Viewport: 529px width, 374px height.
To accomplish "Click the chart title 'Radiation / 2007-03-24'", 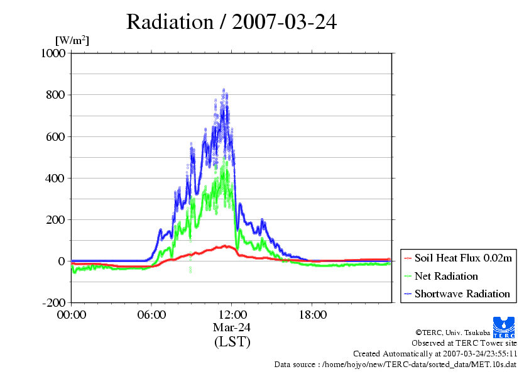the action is point(231,22).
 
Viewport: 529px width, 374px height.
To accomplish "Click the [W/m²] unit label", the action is point(72,40).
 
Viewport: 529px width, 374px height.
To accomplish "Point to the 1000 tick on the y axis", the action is point(53,53).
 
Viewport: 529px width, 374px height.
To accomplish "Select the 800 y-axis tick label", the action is point(55,95).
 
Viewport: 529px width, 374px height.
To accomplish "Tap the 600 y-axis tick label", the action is point(55,136).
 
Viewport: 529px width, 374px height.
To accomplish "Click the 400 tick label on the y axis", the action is point(55,179).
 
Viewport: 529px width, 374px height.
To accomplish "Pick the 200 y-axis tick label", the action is point(55,220).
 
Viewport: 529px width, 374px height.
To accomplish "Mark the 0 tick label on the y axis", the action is point(62,261).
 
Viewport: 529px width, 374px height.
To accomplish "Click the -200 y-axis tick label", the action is point(53,303).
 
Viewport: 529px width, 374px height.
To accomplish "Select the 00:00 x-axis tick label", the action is point(72,315).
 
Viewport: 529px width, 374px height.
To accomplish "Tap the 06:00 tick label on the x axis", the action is point(151,315).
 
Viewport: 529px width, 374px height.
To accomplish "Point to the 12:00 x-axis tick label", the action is point(232,315).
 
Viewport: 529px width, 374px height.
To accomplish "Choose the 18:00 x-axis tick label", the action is point(313,315).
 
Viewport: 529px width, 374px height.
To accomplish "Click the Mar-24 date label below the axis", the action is point(232,327).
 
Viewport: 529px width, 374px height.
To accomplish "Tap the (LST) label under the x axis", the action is point(232,341).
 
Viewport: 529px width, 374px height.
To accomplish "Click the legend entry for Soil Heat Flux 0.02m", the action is point(458,258).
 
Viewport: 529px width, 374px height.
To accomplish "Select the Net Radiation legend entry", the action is point(441,276).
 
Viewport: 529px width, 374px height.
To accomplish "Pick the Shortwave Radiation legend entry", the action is point(457,294).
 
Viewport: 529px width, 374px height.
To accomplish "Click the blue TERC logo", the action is point(504,327).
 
